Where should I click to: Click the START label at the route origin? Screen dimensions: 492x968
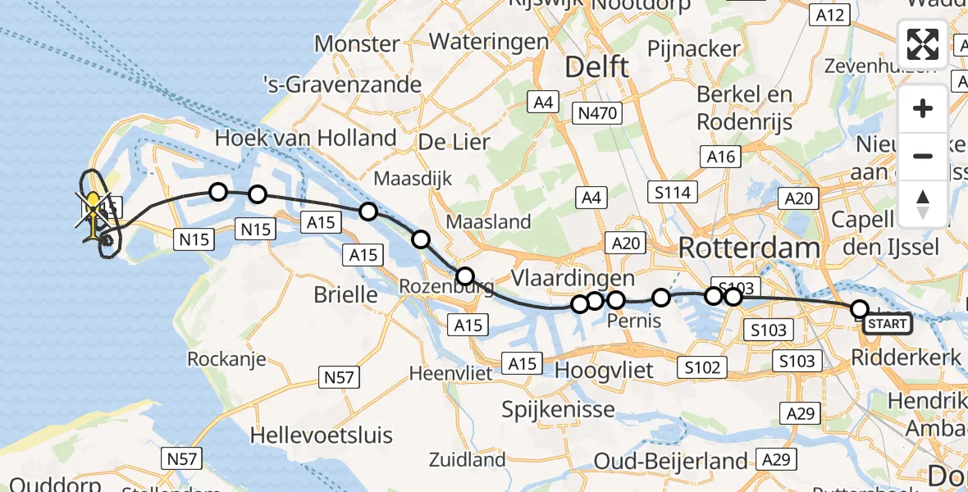(x=888, y=324)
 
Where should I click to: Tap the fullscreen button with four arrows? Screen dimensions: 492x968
(x=923, y=43)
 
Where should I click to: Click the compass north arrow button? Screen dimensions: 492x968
(x=923, y=203)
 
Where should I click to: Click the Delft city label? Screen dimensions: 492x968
(x=596, y=67)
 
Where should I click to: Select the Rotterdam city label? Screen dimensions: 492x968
(x=749, y=248)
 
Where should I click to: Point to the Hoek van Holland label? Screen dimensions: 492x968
(x=305, y=138)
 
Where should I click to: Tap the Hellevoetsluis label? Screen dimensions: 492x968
(x=322, y=435)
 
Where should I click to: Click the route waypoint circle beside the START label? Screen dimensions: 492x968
(x=859, y=309)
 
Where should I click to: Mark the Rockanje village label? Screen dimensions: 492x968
(x=227, y=359)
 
